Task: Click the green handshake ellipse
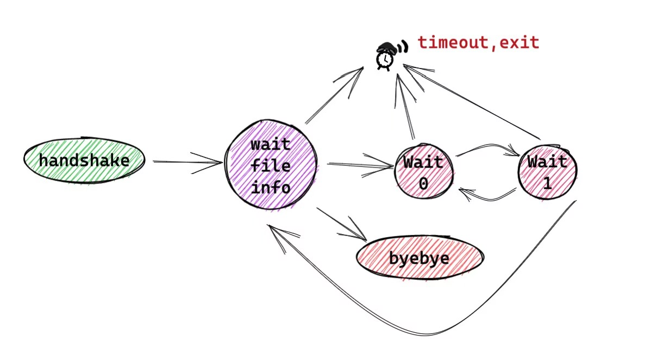click(84, 160)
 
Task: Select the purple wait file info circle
click(271, 165)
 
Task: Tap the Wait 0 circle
click(423, 172)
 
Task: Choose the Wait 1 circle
click(547, 171)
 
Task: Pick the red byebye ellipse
click(419, 257)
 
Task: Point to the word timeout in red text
click(453, 42)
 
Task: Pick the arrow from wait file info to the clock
click(334, 95)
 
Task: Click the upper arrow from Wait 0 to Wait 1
click(486, 147)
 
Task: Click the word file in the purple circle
click(271, 166)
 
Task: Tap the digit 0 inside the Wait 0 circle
click(423, 183)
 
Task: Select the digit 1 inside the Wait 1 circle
click(547, 183)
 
